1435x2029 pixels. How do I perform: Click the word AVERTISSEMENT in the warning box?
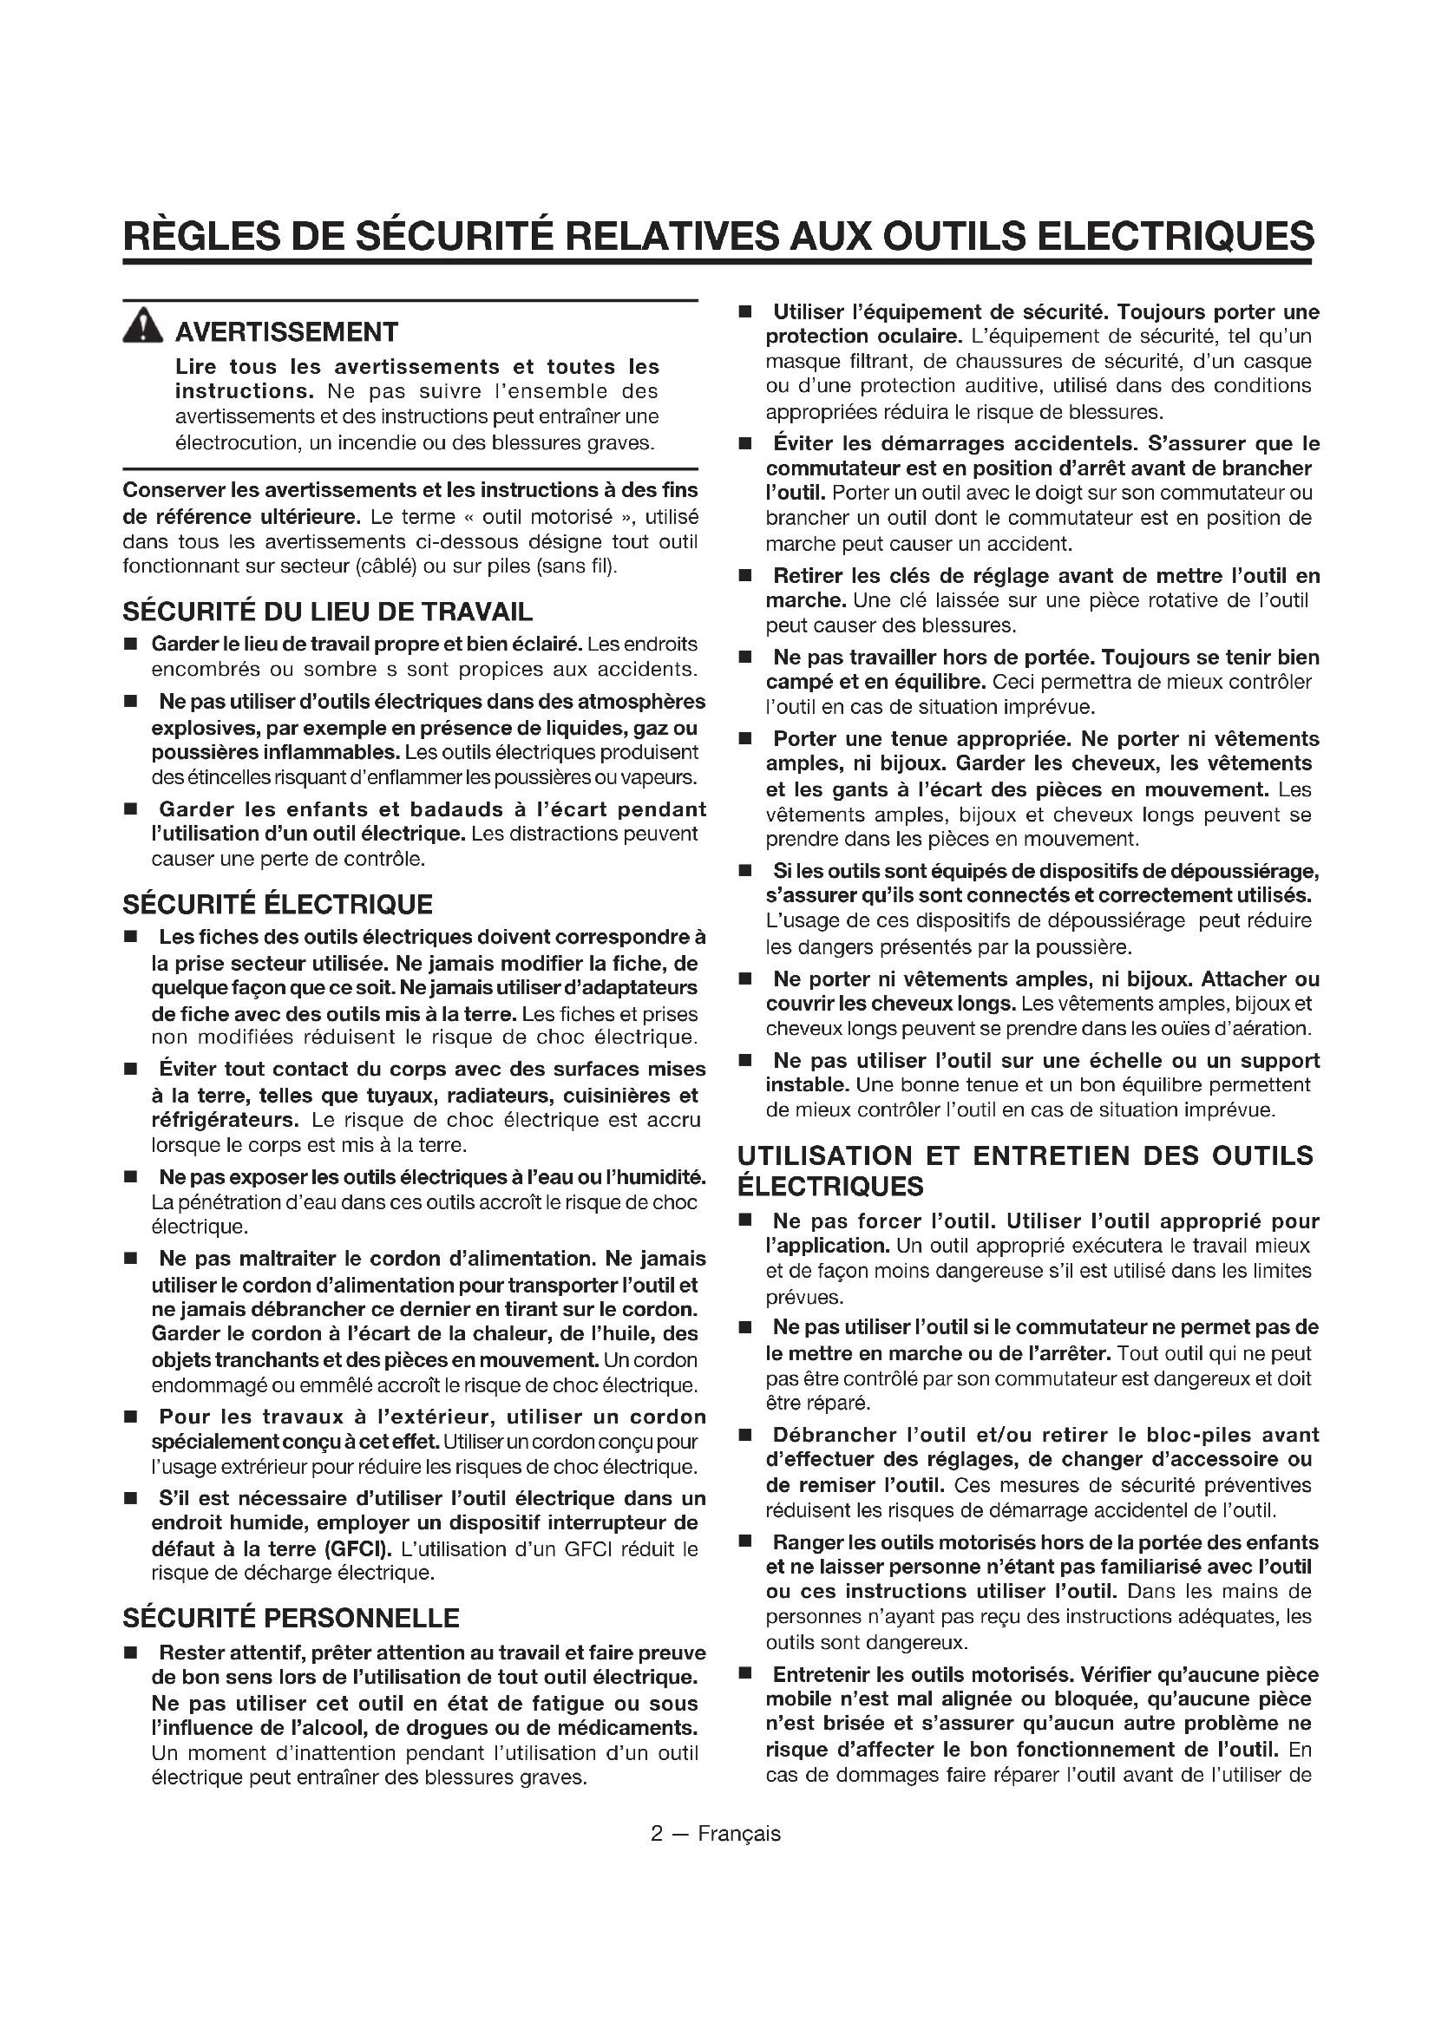(x=286, y=332)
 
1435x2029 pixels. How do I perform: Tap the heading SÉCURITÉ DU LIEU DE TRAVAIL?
(x=328, y=612)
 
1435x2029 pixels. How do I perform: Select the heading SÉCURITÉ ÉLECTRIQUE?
(x=278, y=904)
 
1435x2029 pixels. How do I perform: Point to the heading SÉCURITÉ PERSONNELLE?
(x=291, y=1618)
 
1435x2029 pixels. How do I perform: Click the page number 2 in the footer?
(x=657, y=1834)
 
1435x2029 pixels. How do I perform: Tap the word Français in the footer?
(x=738, y=1834)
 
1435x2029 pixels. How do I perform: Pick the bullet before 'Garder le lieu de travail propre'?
(x=131, y=645)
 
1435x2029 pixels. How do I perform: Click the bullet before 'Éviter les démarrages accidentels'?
(x=745, y=443)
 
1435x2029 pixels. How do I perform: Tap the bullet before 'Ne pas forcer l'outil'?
(x=745, y=1221)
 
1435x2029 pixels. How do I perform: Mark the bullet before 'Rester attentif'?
(x=131, y=1653)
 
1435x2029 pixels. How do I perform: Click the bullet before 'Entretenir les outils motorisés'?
(x=745, y=1674)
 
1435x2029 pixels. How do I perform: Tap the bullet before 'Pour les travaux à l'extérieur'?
(x=131, y=1417)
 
